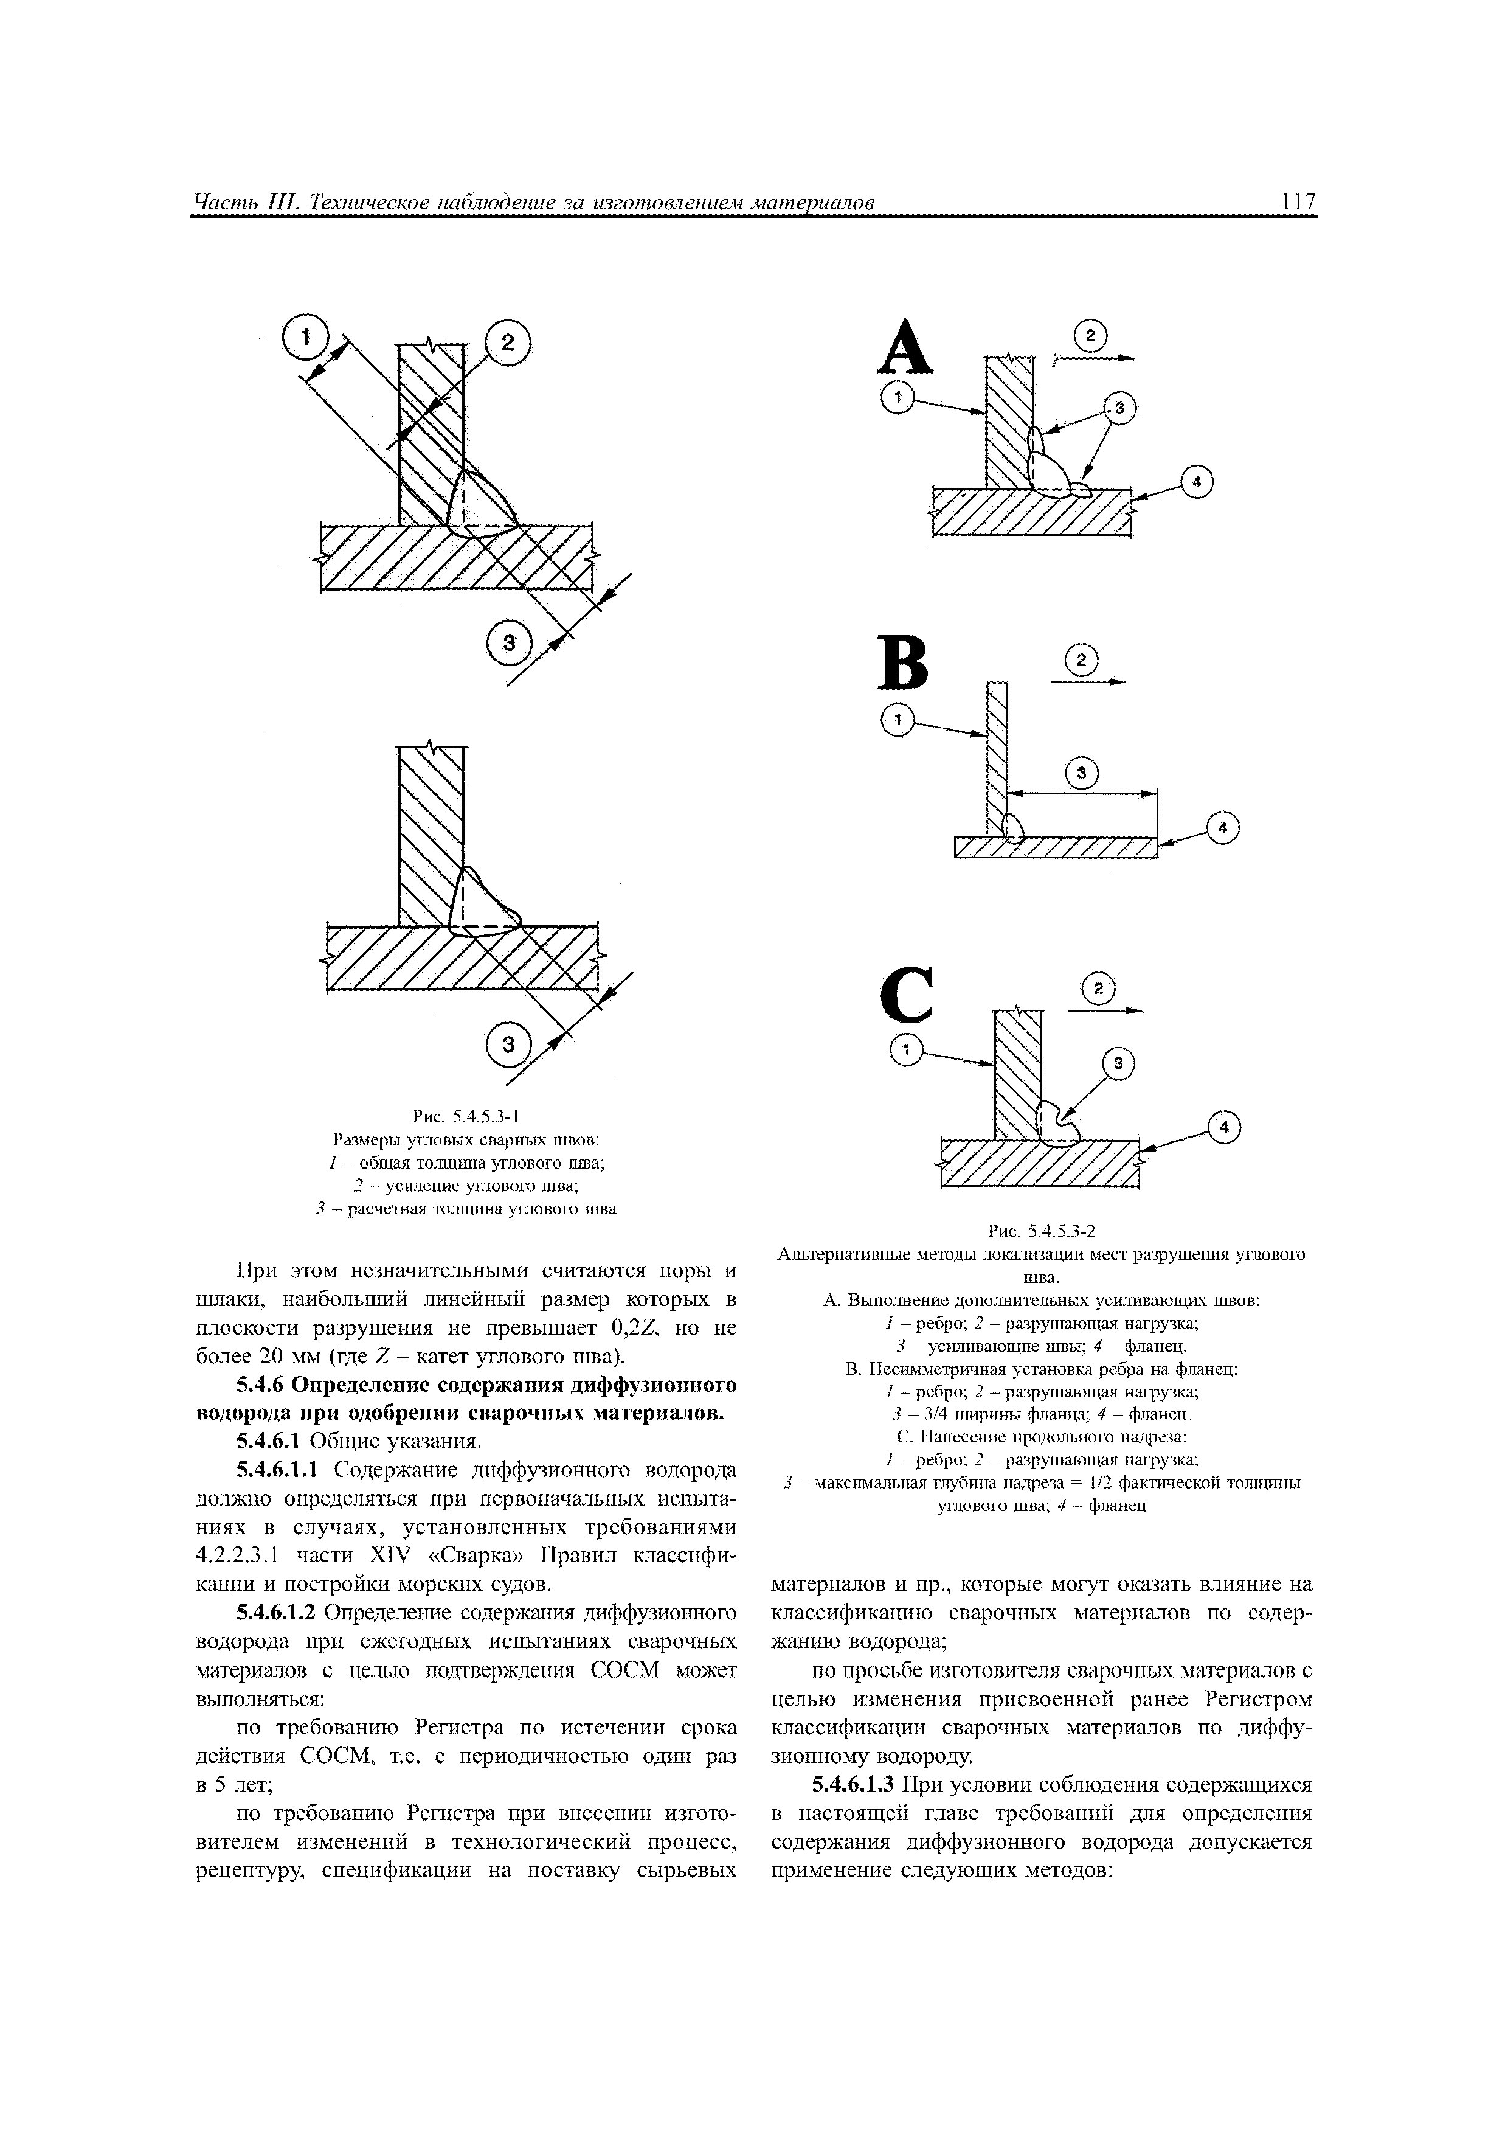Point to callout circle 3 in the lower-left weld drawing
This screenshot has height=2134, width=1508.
(x=507, y=1044)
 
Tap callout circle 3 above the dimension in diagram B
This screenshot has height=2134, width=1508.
(x=1082, y=773)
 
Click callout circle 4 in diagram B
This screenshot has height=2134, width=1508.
(x=1223, y=827)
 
